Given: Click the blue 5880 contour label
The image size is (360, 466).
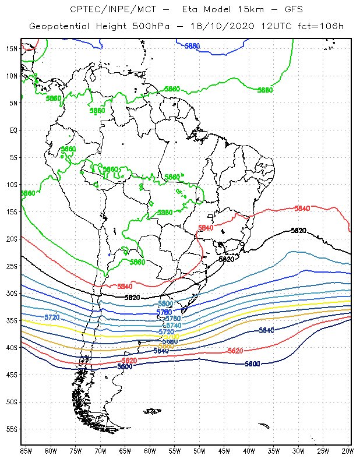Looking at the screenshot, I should (192, 46).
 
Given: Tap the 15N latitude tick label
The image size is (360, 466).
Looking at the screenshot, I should (12, 48).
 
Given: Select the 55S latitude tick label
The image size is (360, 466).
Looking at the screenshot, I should (12, 429).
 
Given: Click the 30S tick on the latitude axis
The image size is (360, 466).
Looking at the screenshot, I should (12, 294).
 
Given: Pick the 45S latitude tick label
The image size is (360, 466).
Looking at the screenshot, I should (12, 375).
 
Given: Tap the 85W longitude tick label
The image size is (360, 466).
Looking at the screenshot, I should (26, 451).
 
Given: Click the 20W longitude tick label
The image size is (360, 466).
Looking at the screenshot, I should (347, 451).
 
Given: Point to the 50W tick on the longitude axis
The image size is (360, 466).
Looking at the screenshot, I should (199, 451).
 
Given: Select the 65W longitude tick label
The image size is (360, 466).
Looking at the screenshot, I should (125, 451).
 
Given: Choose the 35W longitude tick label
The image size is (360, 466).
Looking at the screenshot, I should (274, 451).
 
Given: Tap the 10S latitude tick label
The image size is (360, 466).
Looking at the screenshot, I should (12, 185).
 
